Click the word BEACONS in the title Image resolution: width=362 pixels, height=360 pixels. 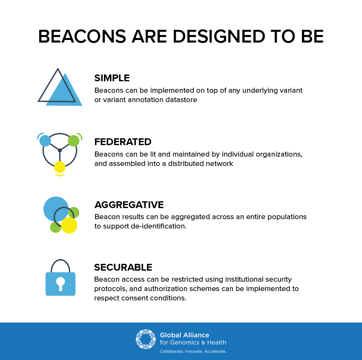pyautogui.click(x=82, y=37)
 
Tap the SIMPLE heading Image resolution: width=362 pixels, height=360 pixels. pyautogui.click(x=112, y=78)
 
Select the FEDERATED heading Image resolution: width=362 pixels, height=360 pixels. pyautogui.click(x=123, y=142)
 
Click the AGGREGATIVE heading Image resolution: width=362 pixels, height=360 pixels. pyautogui.click(x=129, y=205)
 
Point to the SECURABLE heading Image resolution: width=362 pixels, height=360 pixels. pyautogui.click(x=123, y=267)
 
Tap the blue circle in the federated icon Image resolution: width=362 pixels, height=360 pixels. pyautogui.click(x=45, y=141)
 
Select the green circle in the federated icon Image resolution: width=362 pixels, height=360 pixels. pyautogui.click(x=74, y=141)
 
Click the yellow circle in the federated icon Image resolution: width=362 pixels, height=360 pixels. pyautogui.click(x=60, y=167)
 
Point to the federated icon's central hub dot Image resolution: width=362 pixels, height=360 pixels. pyautogui.click(x=60, y=151)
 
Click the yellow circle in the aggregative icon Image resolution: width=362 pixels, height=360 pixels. pyautogui.click(x=69, y=225)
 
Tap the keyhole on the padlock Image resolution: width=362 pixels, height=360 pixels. pyautogui.click(x=60, y=284)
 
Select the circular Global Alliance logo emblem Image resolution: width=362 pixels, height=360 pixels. pyautogui.click(x=146, y=339)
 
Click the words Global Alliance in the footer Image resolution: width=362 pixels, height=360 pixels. pyautogui.click(x=184, y=335)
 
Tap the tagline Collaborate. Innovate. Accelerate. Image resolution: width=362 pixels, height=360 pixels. pyautogui.click(x=193, y=351)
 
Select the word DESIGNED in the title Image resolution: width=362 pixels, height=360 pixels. pyautogui.click(x=219, y=37)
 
